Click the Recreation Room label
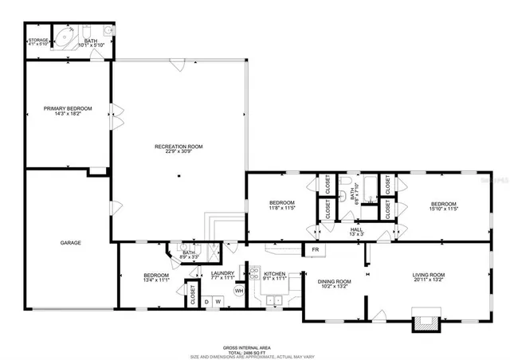pyautogui.click(x=178, y=147)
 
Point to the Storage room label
pyautogui.click(x=38, y=39)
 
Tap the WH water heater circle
pyautogui.click(x=238, y=291)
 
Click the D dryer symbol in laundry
pyautogui.click(x=206, y=301)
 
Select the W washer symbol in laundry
pyautogui.click(x=217, y=301)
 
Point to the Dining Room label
pyautogui.click(x=335, y=281)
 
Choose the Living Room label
pyautogui.click(x=428, y=276)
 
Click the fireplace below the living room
pyautogui.click(x=423, y=323)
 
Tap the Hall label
pyautogui.click(x=357, y=229)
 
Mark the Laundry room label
pyautogui.click(x=222, y=274)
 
